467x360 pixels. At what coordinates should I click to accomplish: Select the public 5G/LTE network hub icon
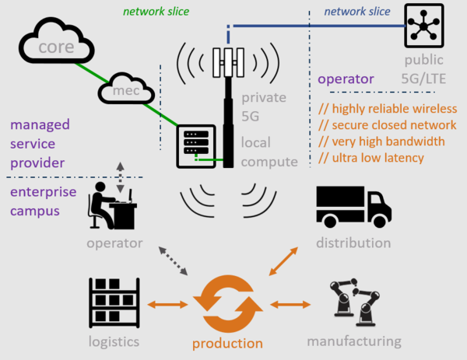pos(423,26)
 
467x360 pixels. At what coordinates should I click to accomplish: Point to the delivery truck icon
pos(353,206)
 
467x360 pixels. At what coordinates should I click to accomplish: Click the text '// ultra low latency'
pos(371,159)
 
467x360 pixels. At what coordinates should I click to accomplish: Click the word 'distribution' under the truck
pos(353,243)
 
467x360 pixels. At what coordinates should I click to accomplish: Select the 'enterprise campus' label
pos(43,201)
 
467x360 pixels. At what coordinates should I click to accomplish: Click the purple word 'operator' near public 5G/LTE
pos(346,79)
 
